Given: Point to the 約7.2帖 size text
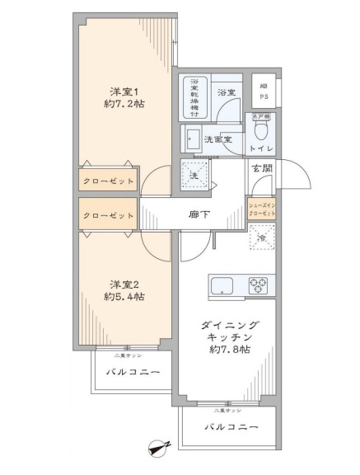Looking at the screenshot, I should (x=125, y=105).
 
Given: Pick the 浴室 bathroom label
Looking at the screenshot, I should (x=227, y=93).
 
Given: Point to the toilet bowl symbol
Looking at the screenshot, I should (x=263, y=129).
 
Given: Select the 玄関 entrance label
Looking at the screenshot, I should (x=263, y=169).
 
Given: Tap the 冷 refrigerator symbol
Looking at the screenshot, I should (x=262, y=238).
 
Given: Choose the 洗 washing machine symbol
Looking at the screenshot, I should (x=195, y=175).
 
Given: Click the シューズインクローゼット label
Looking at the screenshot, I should (x=262, y=206).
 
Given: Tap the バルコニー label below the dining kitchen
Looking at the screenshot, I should (x=226, y=427).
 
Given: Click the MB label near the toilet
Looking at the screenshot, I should (x=263, y=87).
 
